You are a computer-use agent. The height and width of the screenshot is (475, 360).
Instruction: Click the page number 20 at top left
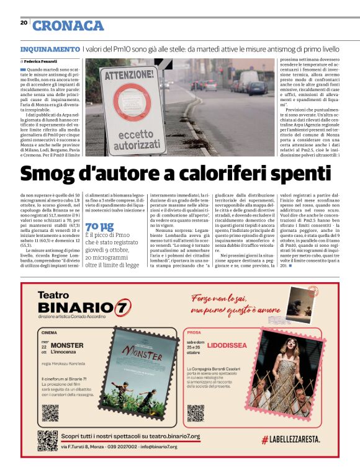tap(24, 22)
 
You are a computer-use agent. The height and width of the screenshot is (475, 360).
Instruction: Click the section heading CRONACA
tap(68, 25)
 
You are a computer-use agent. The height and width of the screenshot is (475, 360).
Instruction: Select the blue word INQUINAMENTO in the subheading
tap(50, 48)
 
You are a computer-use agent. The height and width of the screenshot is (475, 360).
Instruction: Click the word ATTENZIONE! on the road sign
tap(121, 76)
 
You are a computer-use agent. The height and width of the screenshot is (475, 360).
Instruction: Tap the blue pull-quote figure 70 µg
tap(99, 226)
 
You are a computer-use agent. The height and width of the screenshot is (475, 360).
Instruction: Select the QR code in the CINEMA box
tap(50, 412)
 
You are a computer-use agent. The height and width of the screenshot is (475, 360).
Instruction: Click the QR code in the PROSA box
tap(196, 412)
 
